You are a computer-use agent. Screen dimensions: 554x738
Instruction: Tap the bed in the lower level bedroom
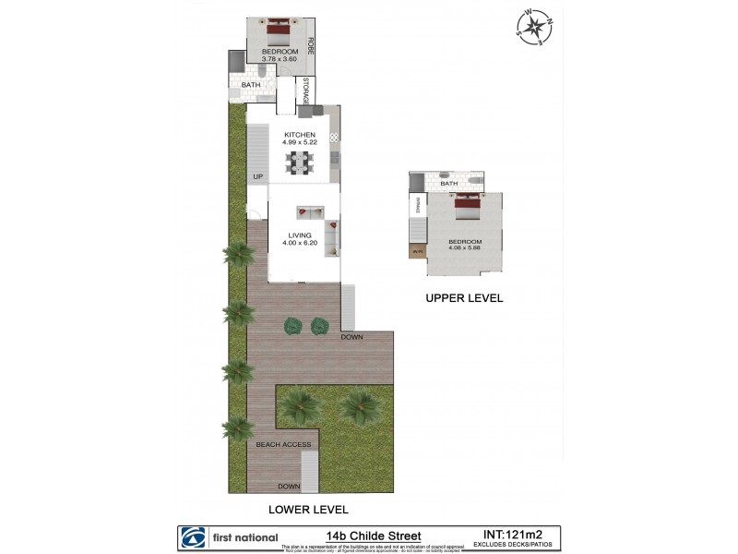pyautogui.click(x=278, y=34)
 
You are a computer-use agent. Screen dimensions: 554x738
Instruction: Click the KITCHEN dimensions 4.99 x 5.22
pyautogui.click(x=300, y=142)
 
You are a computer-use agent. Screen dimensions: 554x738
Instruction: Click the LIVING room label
pyautogui.click(x=300, y=235)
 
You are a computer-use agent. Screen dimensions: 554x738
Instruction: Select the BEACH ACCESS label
pyautogui.click(x=282, y=444)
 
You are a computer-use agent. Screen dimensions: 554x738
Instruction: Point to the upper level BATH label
pyautogui.click(x=449, y=184)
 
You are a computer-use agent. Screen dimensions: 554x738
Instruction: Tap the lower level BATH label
pyautogui.click(x=251, y=85)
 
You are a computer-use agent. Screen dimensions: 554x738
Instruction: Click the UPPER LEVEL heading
pyautogui.click(x=463, y=298)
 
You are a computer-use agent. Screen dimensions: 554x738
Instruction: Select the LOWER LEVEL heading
pyautogui.click(x=307, y=509)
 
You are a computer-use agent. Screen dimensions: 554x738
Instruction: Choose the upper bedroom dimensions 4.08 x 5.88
pyautogui.click(x=467, y=247)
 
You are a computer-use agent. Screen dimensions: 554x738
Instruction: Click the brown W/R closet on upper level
pyautogui.click(x=417, y=249)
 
